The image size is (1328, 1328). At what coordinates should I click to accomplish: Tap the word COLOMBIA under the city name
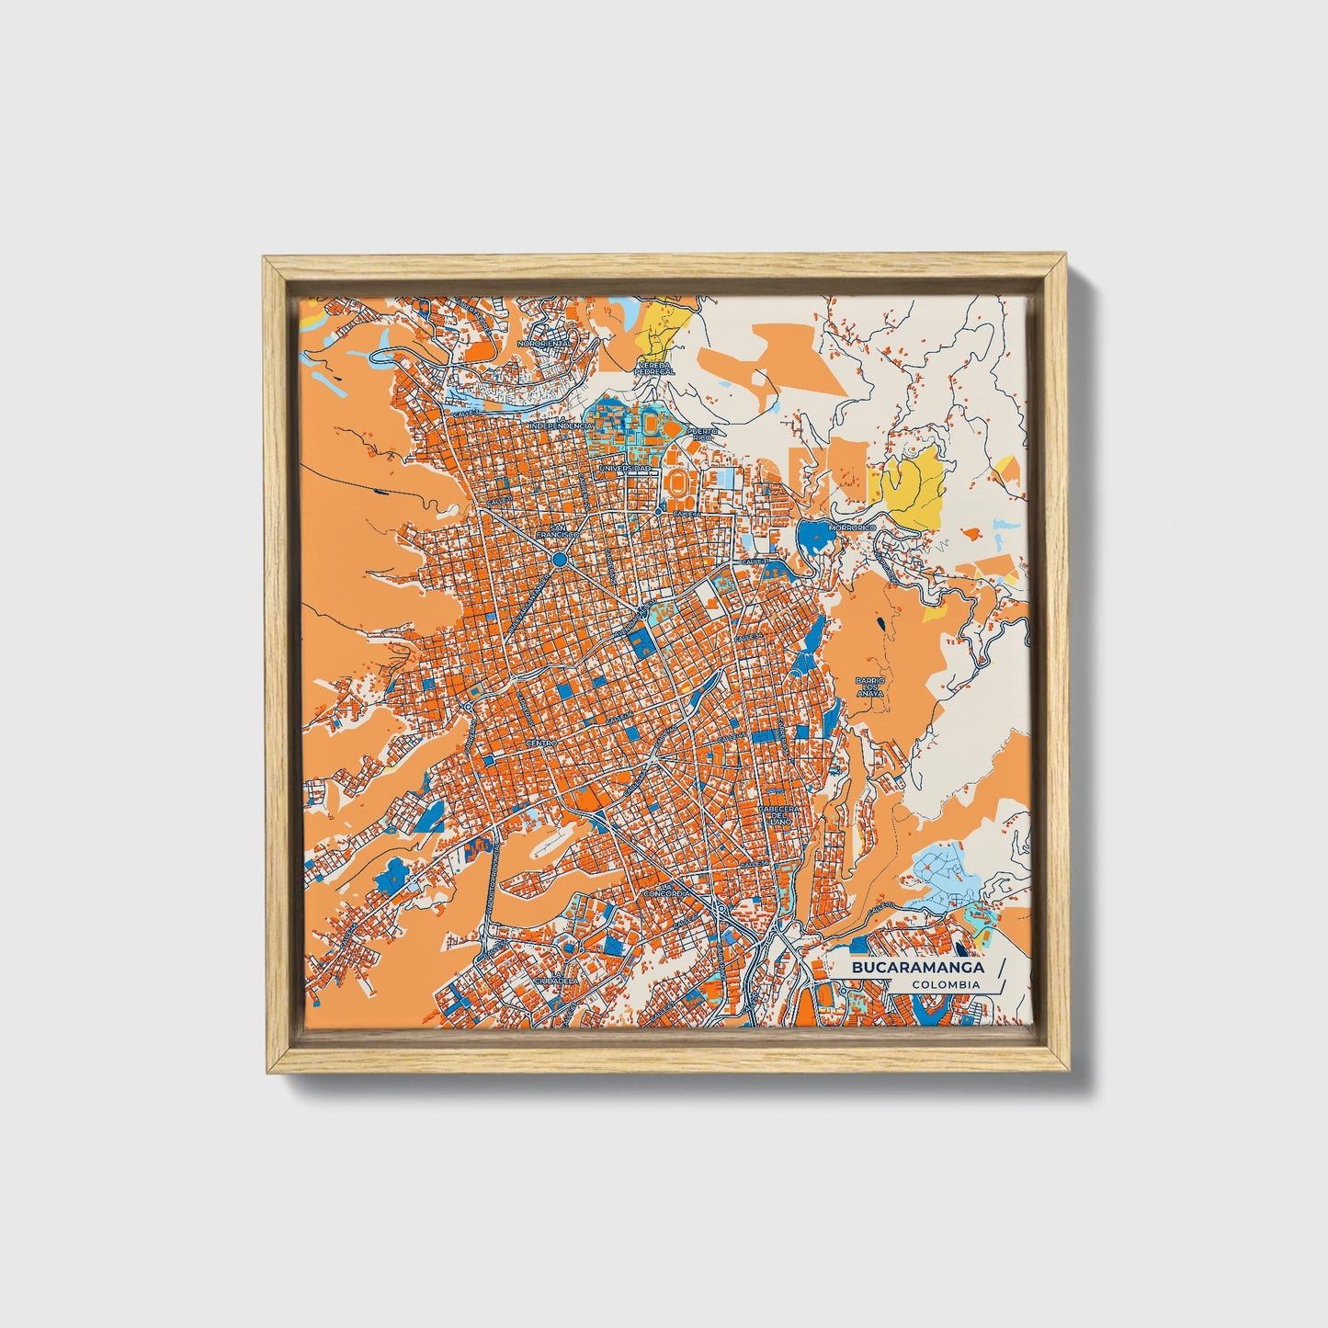946,985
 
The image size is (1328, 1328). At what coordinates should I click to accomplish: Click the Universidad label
626,468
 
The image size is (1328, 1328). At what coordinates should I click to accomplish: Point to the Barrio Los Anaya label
868,687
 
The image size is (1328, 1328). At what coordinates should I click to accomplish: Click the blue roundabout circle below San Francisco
559,558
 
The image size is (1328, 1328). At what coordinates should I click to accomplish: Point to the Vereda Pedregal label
655,368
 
